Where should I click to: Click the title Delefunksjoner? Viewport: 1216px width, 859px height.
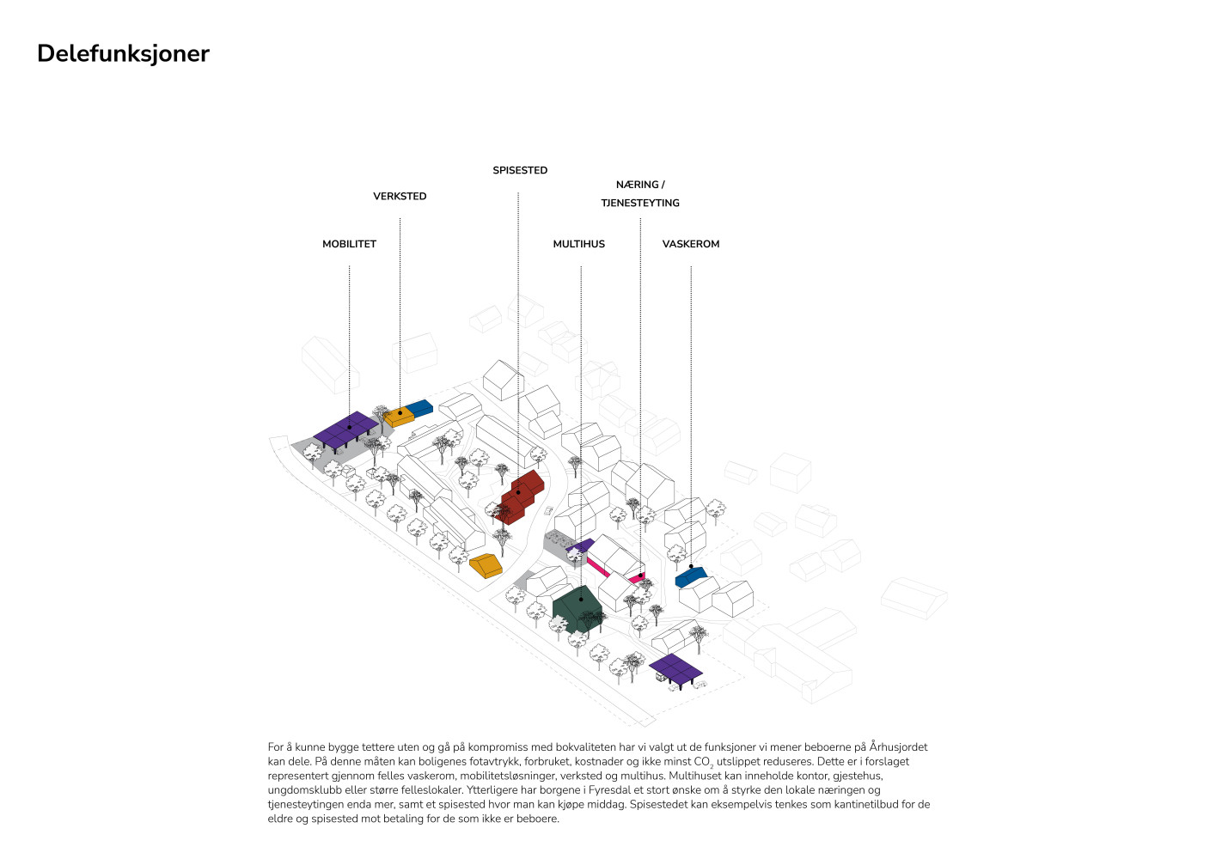pyautogui.click(x=123, y=54)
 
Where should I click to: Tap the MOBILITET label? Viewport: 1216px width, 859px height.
pyautogui.click(x=349, y=244)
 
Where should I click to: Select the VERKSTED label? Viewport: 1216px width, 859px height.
pyautogui.click(x=400, y=197)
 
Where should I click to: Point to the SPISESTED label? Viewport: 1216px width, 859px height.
pyautogui.click(x=520, y=170)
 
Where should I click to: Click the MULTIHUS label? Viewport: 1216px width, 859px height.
pyautogui.click(x=578, y=244)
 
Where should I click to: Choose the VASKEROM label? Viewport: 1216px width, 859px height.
pyautogui.click(x=691, y=244)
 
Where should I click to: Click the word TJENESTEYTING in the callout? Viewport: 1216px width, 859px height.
pyautogui.click(x=640, y=203)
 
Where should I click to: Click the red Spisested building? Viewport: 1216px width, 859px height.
pyautogui.click(x=519, y=497)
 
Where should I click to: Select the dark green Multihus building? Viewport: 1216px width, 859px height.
pyautogui.click(x=578, y=609)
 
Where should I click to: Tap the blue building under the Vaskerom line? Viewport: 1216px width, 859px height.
pyautogui.click(x=691, y=576)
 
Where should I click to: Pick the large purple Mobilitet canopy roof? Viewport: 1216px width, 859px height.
pyautogui.click(x=345, y=430)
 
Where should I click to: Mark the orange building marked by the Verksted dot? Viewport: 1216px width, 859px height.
pyautogui.click(x=399, y=417)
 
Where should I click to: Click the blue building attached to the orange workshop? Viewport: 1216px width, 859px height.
pyautogui.click(x=419, y=407)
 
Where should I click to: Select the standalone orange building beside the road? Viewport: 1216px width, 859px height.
pyautogui.click(x=486, y=565)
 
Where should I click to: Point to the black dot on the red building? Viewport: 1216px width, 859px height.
pyautogui.click(x=518, y=493)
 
